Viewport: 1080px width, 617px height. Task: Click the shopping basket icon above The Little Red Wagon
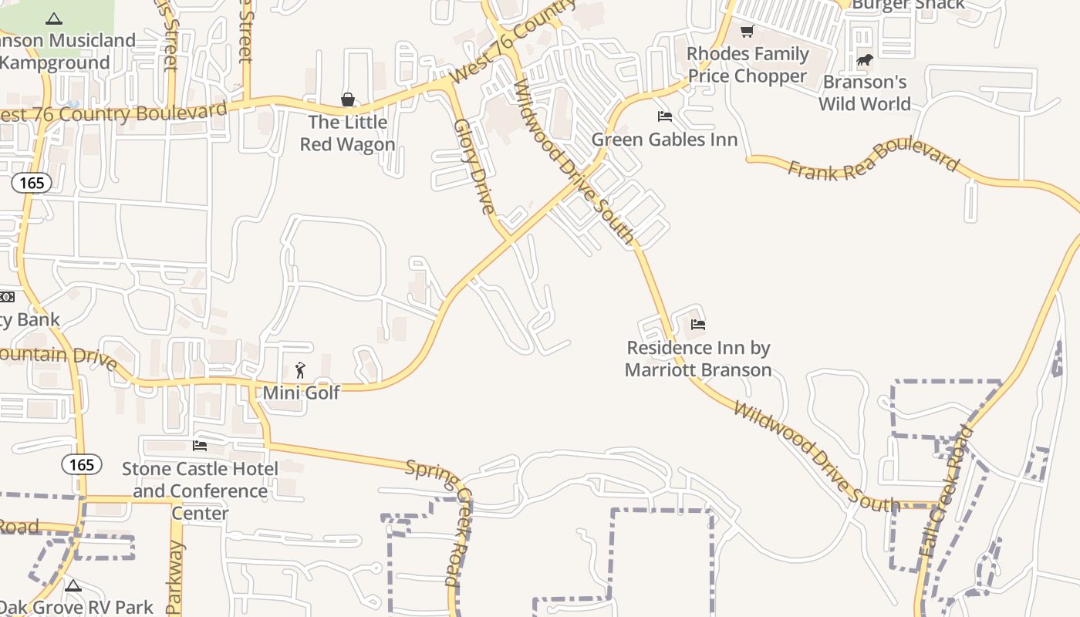348,99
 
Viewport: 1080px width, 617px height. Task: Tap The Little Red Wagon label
348,133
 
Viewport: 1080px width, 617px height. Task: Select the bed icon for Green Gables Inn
665,116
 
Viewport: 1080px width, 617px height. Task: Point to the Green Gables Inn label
665,140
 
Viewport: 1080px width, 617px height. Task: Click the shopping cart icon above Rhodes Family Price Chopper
747,32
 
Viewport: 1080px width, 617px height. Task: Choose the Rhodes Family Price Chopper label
748,65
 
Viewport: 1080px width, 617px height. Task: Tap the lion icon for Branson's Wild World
864,59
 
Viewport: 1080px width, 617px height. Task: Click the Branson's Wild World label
865,93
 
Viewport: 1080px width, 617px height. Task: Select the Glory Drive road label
474,166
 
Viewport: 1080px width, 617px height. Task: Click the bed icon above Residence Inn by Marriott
698,325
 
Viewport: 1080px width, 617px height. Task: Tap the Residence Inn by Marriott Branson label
698,359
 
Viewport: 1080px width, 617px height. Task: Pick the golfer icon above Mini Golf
301,370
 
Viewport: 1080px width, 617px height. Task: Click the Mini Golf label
302,393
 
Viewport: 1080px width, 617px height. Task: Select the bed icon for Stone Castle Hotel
200,446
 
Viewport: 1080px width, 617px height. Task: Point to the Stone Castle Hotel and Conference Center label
201,491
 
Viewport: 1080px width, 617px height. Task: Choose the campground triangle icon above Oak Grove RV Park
73,585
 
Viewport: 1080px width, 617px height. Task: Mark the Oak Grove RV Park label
77,608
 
